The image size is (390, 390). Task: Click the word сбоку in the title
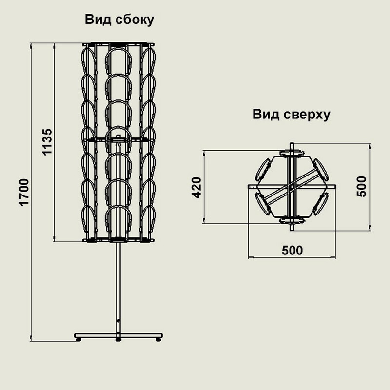tap(135, 19)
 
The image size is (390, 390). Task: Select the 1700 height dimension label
tap(24, 192)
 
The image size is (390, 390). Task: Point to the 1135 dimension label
tap(47, 142)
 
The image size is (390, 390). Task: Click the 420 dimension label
tap(197, 188)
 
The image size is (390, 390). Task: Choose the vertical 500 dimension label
tap(361, 187)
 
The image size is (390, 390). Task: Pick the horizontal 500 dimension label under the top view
tap(292, 251)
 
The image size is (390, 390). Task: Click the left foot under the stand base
tap(78, 339)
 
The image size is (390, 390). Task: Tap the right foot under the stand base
tap(158, 339)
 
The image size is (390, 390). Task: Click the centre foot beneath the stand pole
tap(118, 339)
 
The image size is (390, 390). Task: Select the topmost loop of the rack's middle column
tap(118, 49)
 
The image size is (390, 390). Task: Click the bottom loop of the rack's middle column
tap(118, 206)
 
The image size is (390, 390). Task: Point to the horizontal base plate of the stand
tap(118, 335)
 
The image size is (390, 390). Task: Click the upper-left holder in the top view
tap(263, 169)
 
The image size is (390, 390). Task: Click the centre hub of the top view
tap(292, 187)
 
